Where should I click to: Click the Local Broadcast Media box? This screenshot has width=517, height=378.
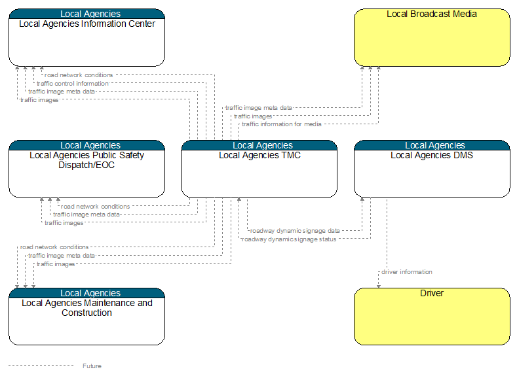432,37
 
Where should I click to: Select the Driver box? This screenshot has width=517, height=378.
432,317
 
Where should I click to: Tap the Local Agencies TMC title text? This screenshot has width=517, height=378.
260,155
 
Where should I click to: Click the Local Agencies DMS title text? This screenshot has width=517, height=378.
432,155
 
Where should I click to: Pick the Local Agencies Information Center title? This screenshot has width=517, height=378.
87,24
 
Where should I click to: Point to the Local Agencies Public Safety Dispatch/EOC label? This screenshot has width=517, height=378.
86,160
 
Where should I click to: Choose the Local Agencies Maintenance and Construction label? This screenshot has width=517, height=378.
87,307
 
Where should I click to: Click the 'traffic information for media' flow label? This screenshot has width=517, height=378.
282,124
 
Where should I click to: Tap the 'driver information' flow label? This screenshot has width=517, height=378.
407,272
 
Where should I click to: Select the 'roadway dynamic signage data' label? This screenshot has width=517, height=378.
295,231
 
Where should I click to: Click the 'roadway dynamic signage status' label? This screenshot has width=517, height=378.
289,239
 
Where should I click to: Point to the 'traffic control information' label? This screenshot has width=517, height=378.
73,84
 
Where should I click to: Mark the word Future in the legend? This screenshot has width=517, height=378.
92,366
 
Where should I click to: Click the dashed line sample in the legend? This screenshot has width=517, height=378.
41,365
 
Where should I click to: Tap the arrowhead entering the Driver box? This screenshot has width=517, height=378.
379,286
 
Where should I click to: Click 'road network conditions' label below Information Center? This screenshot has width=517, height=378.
79,75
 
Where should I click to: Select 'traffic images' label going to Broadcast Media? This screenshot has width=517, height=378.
253,116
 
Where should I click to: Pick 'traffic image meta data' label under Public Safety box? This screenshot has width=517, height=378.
86,215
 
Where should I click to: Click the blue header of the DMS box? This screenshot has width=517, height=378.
432,145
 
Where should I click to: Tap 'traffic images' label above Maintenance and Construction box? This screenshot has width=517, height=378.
56,264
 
